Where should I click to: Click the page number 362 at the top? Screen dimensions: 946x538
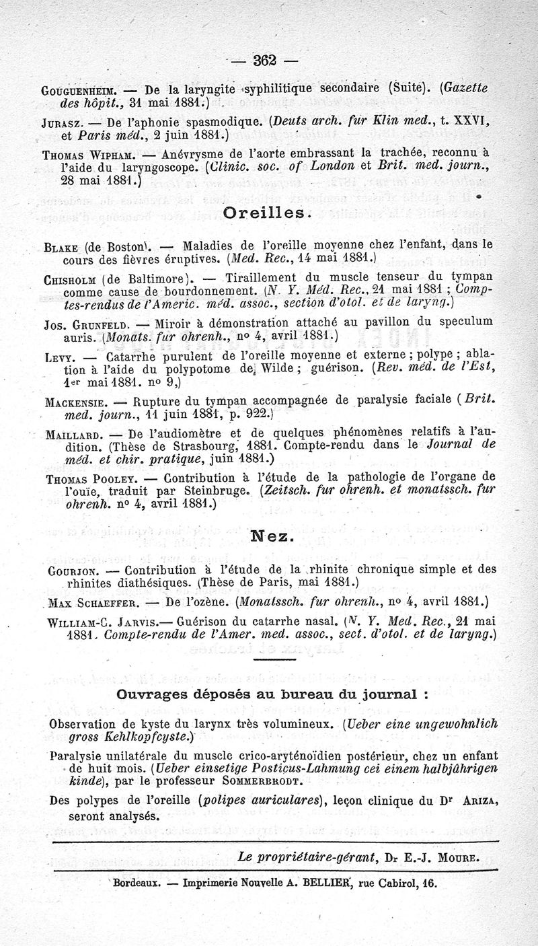pyautogui.click(x=266, y=60)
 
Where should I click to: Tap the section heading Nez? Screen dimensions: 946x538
pyautogui.click(x=270, y=537)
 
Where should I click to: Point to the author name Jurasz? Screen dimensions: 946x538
pyautogui.click(x=66, y=123)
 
